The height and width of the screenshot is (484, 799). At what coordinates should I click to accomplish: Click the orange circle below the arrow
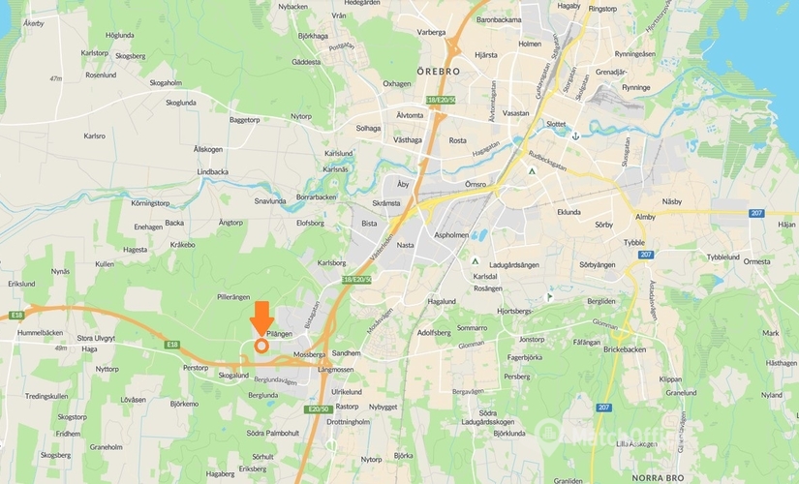click(261, 345)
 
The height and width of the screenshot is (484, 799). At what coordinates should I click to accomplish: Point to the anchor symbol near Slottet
click(575, 136)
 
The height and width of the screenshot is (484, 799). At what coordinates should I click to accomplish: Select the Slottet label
click(556, 124)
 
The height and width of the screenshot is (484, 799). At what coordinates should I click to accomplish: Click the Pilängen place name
click(279, 333)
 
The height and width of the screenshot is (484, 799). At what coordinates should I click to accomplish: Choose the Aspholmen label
click(451, 234)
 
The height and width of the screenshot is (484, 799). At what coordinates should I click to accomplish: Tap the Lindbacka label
click(213, 171)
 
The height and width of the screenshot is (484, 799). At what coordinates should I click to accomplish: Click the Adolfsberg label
click(434, 332)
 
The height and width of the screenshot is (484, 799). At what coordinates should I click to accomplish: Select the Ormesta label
click(756, 261)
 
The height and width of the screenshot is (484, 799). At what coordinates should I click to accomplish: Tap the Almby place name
click(645, 218)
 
